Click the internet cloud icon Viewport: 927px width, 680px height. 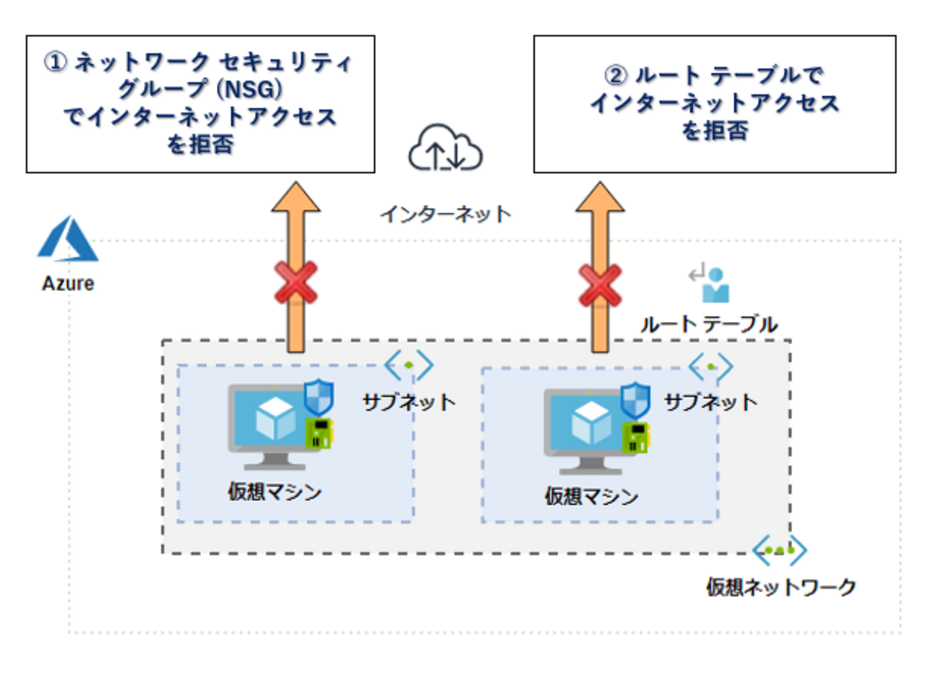point(445,148)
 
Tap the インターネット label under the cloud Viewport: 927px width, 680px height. point(446,214)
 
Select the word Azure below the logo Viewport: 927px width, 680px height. point(68,283)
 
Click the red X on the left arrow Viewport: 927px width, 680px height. point(296,282)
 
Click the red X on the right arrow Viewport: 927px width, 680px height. point(600,285)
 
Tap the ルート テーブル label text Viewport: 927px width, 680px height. point(709,325)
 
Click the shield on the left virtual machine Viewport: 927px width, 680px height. point(318,397)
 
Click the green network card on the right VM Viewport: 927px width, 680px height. point(635,437)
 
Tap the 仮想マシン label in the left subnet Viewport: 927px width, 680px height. point(275,492)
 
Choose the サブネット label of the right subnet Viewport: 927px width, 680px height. point(710,402)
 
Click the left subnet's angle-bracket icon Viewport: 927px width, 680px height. point(409,365)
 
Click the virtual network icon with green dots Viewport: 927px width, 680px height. point(779,550)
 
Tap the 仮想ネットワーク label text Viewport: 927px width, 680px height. point(781,587)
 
